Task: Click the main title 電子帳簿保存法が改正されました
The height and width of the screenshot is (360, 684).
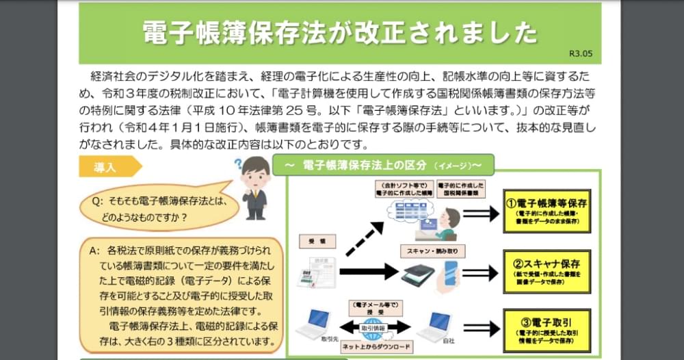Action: point(340,32)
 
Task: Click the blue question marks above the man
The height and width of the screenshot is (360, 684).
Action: point(239,164)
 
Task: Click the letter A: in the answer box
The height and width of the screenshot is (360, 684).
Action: point(94,250)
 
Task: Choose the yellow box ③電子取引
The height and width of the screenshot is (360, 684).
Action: point(547,329)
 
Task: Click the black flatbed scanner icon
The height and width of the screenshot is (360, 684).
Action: point(417,274)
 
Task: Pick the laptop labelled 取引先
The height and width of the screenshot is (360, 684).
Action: point(315,324)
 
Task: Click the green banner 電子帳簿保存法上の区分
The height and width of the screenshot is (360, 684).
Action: point(383,165)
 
